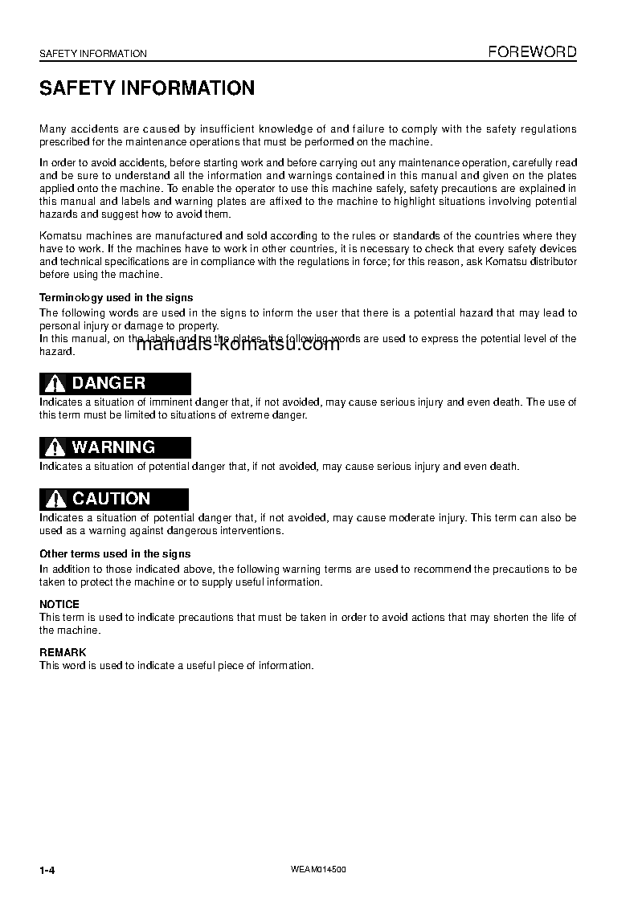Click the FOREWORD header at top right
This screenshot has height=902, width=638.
click(x=533, y=52)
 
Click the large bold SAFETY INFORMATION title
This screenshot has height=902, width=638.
click(x=147, y=88)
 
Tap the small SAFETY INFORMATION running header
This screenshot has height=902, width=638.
click(x=93, y=54)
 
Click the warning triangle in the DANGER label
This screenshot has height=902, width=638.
click(x=55, y=384)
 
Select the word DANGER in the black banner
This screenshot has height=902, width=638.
click(x=108, y=383)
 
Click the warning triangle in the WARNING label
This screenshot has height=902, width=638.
click(x=55, y=448)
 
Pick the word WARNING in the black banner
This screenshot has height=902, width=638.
click(x=113, y=447)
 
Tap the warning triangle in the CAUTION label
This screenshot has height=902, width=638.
click(x=55, y=500)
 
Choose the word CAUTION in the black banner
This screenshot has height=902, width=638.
click(x=111, y=499)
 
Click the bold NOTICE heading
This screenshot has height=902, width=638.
click(x=59, y=604)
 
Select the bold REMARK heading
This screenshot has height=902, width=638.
click(x=63, y=652)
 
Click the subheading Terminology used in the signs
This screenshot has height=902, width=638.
click(x=117, y=297)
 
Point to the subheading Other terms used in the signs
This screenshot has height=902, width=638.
click(x=115, y=553)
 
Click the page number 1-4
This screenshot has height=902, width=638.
click(x=47, y=871)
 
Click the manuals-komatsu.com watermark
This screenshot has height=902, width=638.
click(x=238, y=345)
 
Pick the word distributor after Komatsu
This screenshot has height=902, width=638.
click(x=550, y=262)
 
